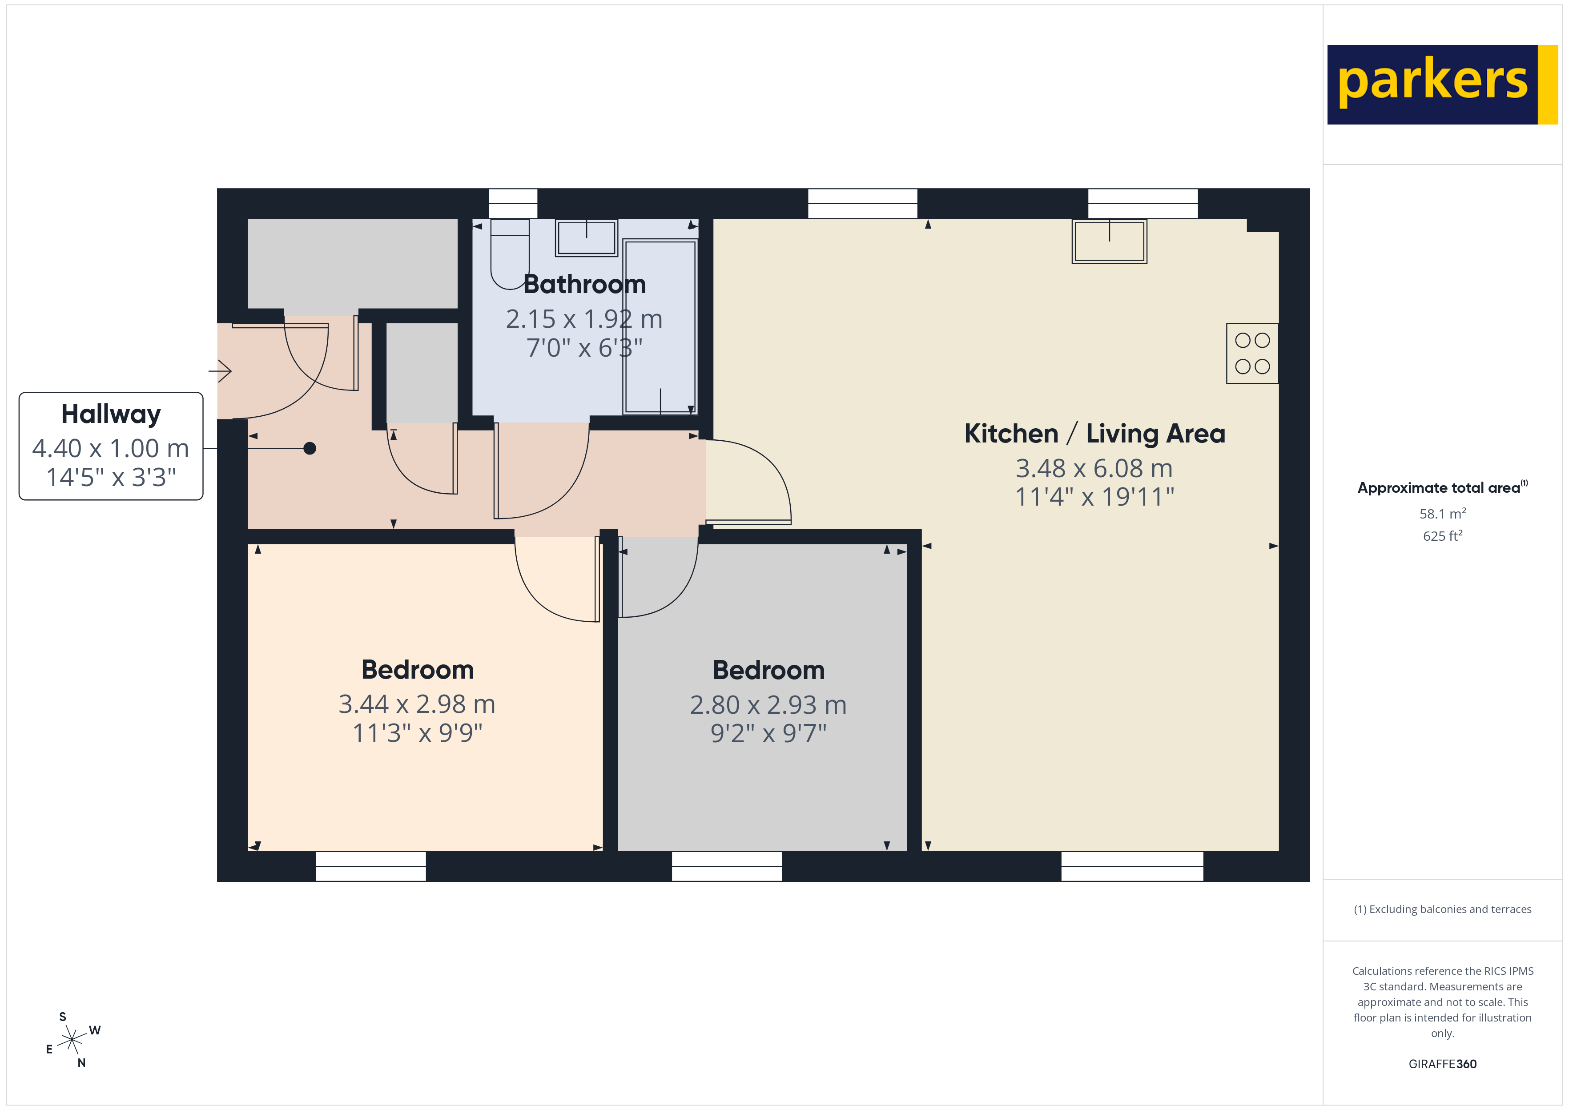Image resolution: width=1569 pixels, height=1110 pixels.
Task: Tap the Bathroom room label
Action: point(584,284)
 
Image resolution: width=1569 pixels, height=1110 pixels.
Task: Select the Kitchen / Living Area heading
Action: point(1094,433)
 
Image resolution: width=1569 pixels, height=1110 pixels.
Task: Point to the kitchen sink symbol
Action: point(1109,241)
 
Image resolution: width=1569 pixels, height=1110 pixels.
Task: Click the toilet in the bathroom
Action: point(510,253)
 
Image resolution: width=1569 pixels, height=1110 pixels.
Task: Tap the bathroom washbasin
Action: point(586,238)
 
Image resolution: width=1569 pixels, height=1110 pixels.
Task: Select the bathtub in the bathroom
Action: point(660,327)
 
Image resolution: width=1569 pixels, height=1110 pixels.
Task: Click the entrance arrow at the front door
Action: point(220,371)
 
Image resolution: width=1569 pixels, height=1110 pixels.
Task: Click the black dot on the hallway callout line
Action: point(310,448)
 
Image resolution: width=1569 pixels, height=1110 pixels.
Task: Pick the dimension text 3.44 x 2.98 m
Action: point(417,704)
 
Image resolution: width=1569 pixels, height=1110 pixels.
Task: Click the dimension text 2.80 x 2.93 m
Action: point(768,705)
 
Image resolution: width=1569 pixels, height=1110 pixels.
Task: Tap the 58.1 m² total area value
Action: point(1442,513)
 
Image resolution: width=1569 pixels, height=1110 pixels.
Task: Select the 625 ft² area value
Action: point(1442,536)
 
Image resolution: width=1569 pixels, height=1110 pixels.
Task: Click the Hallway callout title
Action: point(111,414)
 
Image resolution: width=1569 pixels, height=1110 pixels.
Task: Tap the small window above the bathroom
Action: point(512,203)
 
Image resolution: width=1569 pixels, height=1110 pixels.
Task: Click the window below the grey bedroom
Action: point(726,866)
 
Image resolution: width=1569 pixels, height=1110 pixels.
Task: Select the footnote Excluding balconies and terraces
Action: point(1442,909)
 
